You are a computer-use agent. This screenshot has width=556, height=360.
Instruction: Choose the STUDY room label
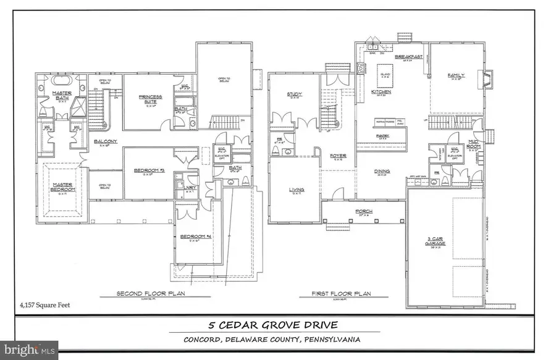click(x=293, y=94)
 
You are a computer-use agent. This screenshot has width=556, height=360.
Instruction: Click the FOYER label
click(x=338, y=156)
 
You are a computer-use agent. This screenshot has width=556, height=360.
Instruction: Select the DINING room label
click(x=381, y=172)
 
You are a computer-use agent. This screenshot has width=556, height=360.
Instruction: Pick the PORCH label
click(x=364, y=211)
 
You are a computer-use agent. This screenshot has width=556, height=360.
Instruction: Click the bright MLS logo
click(x=29, y=350)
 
